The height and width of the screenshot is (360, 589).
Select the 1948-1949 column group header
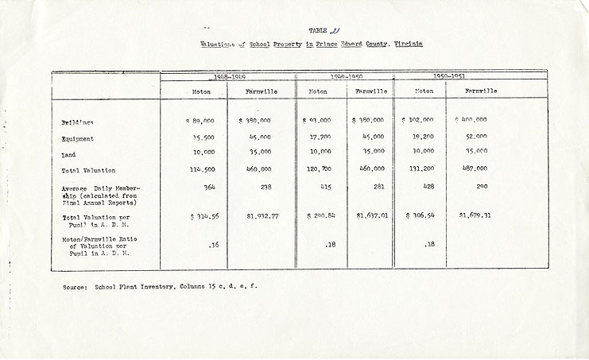click(x=227, y=77)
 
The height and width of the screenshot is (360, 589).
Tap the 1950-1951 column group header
click(x=448, y=77)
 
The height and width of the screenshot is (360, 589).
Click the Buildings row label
click(x=77, y=122)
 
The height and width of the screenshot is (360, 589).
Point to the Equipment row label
click(x=77, y=139)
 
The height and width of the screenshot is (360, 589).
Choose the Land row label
click(x=69, y=154)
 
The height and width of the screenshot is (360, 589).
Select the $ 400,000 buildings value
click(x=471, y=120)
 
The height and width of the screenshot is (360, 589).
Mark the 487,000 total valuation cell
click(x=475, y=170)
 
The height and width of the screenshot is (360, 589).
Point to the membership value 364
click(x=211, y=187)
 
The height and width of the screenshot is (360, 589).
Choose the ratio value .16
click(x=212, y=246)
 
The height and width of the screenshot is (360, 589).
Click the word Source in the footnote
click(x=76, y=285)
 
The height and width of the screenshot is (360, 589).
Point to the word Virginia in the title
click(x=407, y=45)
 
